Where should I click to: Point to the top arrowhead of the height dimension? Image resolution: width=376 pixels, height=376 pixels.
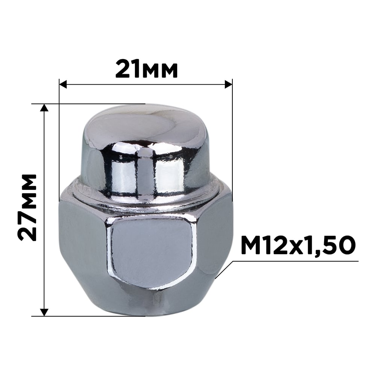pos(44,108)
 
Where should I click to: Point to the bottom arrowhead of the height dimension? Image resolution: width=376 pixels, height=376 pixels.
pos(44,312)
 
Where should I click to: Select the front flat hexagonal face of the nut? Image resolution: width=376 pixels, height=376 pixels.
pos(152,252)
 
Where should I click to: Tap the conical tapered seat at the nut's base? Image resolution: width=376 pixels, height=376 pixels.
pos(150,301)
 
